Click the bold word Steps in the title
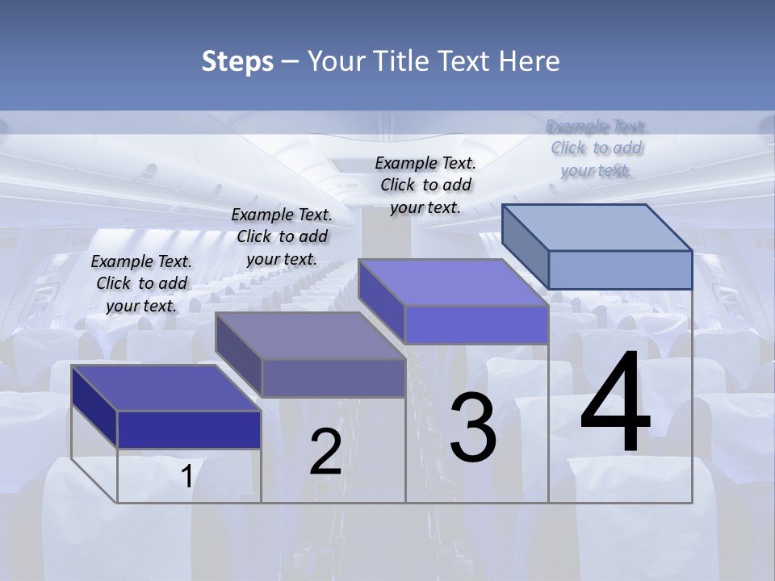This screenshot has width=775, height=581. tap(237, 61)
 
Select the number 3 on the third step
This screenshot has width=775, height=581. tap(473, 428)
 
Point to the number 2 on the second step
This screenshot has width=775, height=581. tap(325, 452)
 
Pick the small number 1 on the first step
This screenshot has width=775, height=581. tap(186, 477)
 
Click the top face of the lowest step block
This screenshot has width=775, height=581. tap(166, 387)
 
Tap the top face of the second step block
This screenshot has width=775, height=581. tap(310, 336)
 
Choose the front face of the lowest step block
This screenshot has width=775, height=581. tap(189, 429)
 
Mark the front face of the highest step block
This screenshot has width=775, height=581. tap(620, 270)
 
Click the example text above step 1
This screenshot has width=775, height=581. tap(141, 283)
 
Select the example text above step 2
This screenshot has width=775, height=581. tap(282, 236)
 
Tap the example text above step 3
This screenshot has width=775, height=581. tap(425, 185)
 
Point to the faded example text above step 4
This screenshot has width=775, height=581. tap(597, 148)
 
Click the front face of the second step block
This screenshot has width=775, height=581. tap(333, 378)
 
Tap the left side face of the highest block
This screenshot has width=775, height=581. tap(525, 245)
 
